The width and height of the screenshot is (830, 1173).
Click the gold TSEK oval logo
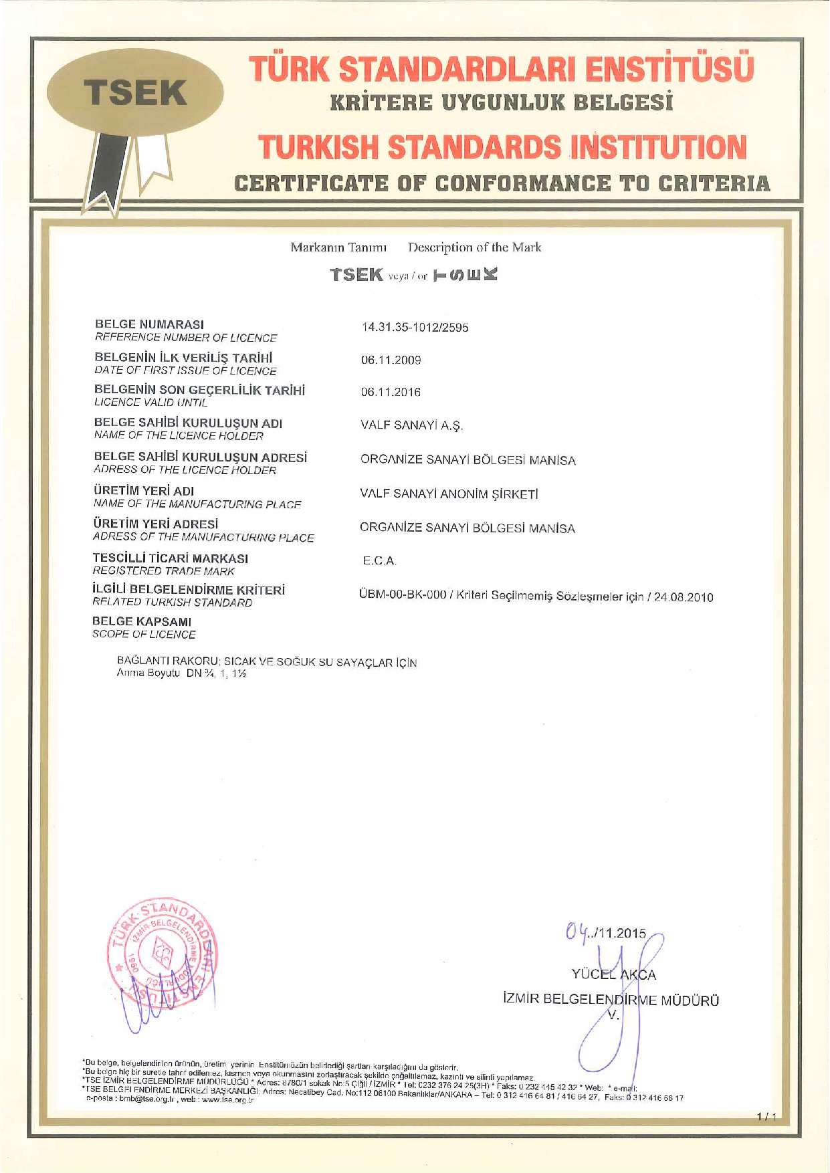135,92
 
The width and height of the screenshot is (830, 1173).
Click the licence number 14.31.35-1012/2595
415,328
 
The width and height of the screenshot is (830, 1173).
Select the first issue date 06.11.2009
391,360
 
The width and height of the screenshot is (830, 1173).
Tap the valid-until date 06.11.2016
391,393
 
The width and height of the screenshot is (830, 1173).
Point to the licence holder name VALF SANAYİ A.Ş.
411,426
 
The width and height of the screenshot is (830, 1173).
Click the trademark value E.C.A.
379,561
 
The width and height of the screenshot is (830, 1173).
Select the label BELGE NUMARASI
149,324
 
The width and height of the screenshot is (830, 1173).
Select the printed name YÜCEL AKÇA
613,975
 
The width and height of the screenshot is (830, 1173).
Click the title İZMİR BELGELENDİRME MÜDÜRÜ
611,1000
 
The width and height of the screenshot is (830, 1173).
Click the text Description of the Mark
474,247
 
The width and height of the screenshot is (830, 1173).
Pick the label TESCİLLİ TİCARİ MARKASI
170,558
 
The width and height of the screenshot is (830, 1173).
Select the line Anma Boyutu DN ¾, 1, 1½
181,673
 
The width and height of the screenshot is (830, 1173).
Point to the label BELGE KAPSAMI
141,622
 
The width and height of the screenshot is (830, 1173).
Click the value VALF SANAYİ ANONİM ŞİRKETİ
449,494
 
